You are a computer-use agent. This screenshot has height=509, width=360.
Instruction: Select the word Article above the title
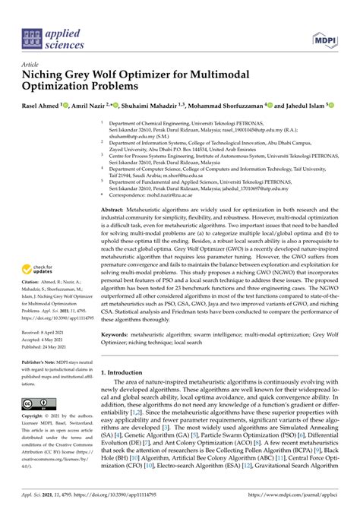click(x=30, y=65)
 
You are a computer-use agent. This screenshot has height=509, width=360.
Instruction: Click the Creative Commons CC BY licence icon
click(x=37, y=404)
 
